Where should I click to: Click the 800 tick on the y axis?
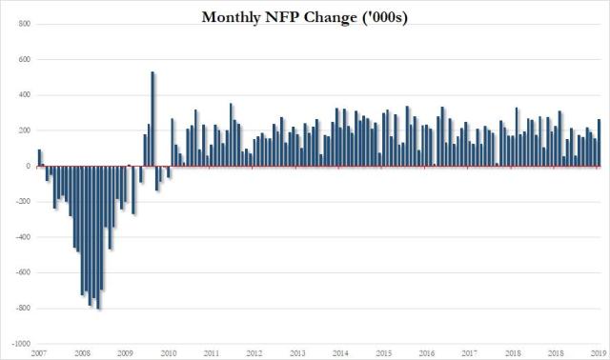(x=20, y=24)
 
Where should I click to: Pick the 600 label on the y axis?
(x=20, y=59)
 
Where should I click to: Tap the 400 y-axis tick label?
(x=20, y=95)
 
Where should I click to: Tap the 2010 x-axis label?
(x=169, y=352)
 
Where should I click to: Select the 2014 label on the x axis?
(x=340, y=352)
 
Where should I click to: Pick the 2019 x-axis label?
(x=598, y=352)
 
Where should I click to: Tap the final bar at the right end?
(x=599, y=143)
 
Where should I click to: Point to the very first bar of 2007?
(x=39, y=158)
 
